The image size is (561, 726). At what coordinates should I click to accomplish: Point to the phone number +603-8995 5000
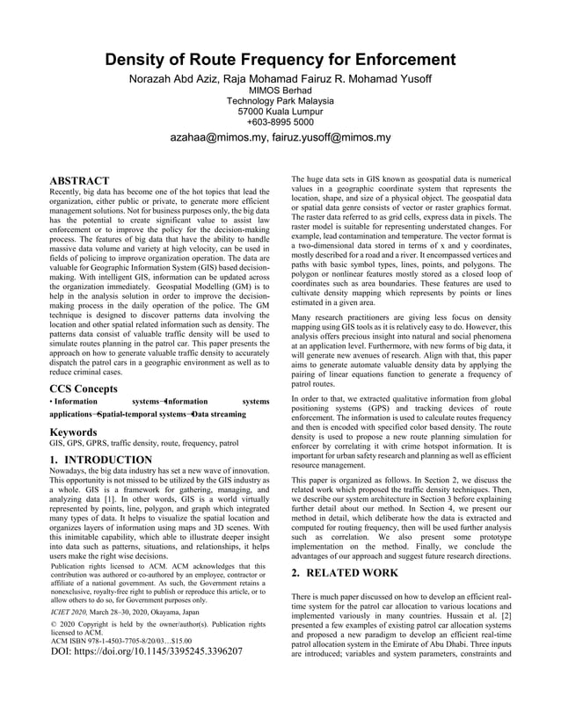click(x=280, y=123)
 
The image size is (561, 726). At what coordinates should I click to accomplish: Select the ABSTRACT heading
click(x=79, y=181)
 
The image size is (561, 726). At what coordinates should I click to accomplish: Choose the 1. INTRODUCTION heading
click(x=101, y=460)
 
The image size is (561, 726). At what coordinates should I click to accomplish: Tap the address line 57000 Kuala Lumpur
click(x=280, y=113)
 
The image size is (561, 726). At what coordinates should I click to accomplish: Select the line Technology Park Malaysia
click(x=280, y=102)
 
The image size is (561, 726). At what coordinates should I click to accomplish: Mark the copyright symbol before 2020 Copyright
click(x=53, y=624)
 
